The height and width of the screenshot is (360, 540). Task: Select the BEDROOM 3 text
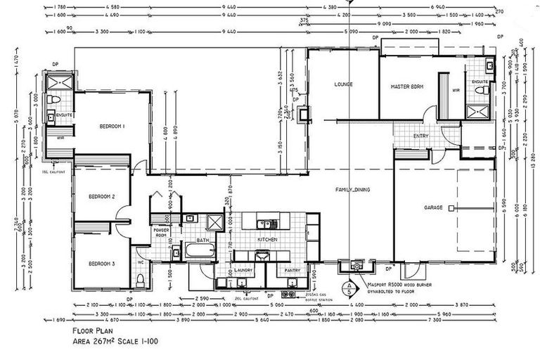click(102, 264)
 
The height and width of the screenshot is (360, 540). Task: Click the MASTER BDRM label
click(406, 86)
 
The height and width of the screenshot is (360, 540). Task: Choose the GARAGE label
click(432, 209)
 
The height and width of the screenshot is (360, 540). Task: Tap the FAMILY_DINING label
click(354, 190)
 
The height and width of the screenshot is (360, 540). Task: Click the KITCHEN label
click(267, 240)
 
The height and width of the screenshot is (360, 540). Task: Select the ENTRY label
click(420, 136)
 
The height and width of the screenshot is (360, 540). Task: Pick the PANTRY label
click(292, 270)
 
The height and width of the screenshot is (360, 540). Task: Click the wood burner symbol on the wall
click(356, 267)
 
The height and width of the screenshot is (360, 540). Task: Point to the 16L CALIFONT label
click(53, 171)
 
